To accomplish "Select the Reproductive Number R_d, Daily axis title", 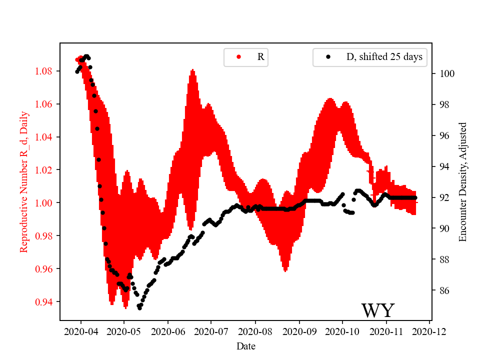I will pyautogui.click(x=23, y=181).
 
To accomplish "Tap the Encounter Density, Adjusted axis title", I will pyautogui.click(x=462, y=181).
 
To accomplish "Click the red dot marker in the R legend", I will pyautogui.click(x=238, y=57).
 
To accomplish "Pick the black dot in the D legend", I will pyautogui.click(x=328, y=57).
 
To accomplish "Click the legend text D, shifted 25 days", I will pyautogui.click(x=384, y=57).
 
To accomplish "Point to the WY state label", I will pyautogui.click(x=378, y=310).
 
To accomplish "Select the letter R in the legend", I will pyautogui.click(x=260, y=57).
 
